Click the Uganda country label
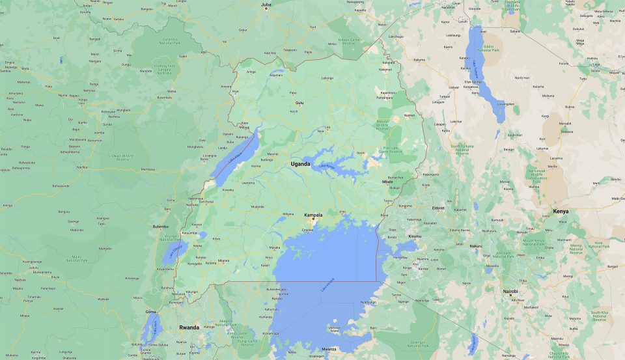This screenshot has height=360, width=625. (301, 163)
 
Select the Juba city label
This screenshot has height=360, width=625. (266, 5)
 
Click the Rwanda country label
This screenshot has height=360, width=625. (189, 327)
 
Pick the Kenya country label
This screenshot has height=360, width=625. (561, 212)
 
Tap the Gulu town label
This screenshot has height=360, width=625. (299, 103)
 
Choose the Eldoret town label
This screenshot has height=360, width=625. (439, 208)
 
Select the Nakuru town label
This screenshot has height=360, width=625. (476, 246)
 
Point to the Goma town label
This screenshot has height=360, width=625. (150, 312)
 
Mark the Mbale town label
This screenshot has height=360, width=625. (387, 182)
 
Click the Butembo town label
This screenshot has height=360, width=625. (160, 227)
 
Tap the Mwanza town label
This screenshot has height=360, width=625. (329, 349)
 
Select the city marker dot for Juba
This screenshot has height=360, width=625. (266, 9)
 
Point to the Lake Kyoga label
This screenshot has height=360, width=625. (327, 167)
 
